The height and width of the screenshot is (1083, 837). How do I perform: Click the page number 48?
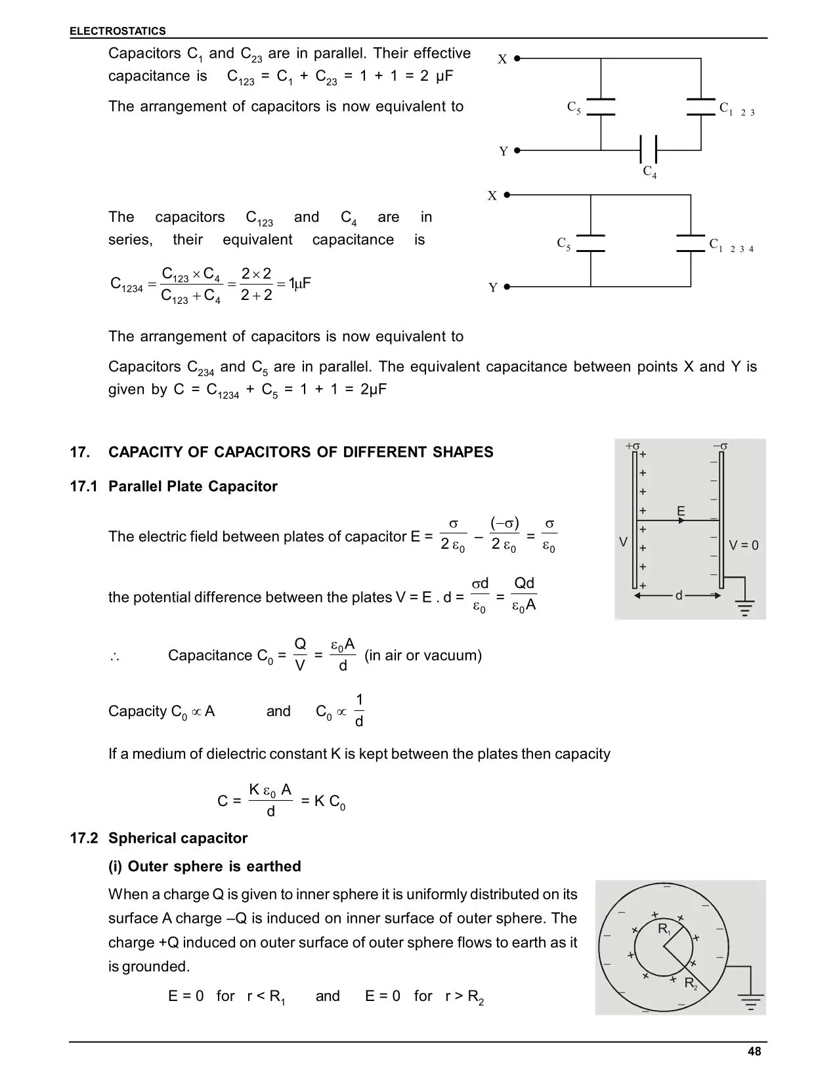pyautogui.click(x=754, y=1051)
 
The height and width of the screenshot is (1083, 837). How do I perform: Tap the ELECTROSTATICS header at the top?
pyautogui.click(x=118, y=31)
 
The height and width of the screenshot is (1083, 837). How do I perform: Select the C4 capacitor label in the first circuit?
pyautogui.click(x=649, y=172)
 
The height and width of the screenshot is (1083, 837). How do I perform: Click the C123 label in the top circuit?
pyautogui.click(x=737, y=109)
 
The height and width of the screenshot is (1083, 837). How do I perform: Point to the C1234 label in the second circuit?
pyautogui.click(x=731, y=245)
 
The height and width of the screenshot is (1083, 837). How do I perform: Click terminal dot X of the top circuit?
pyautogui.click(x=517, y=58)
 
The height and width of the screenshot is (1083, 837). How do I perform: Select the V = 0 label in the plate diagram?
pyautogui.click(x=744, y=545)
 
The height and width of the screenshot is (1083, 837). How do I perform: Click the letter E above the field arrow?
pyautogui.click(x=681, y=511)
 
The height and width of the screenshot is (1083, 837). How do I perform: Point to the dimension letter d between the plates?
pyautogui.click(x=679, y=596)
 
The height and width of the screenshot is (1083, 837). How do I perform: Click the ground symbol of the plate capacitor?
pyautogui.click(x=744, y=608)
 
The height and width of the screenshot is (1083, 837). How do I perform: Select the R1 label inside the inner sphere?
pyautogui.click(x=664, y=930)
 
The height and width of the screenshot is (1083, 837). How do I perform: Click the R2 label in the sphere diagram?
pyautogui.click(x=691, y=983)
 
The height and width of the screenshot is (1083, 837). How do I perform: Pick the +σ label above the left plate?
pyautogui.click(x=632, y=446)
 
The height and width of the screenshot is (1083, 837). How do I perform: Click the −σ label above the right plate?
pyautogui.click(x=720, y=446)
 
